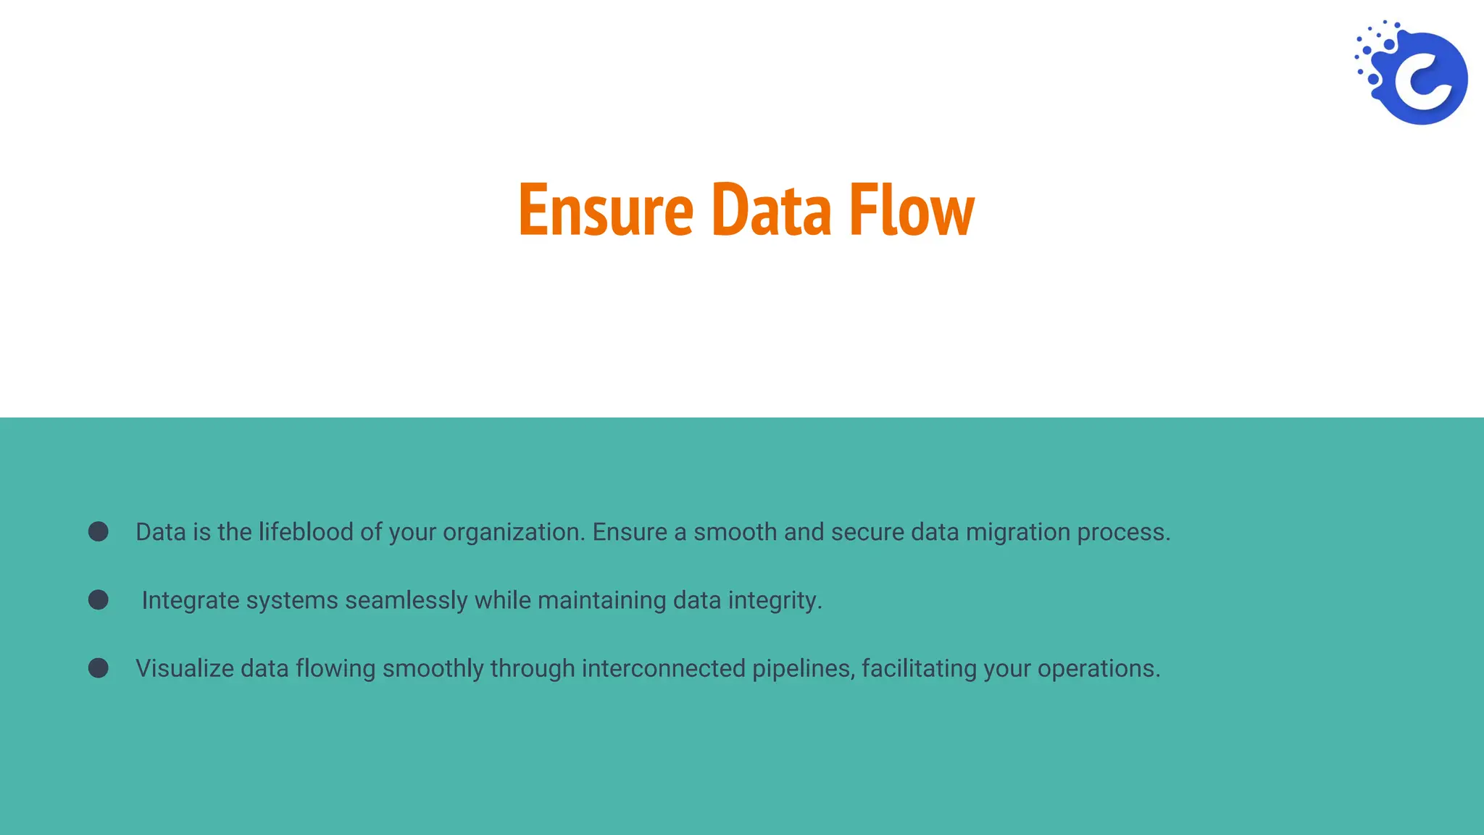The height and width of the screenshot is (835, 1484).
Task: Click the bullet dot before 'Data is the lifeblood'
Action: (x=99, y=532)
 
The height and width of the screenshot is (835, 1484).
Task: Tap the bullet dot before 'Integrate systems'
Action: (x=99, y=600)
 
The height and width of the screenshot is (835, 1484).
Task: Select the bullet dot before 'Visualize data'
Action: (x=99, y=668)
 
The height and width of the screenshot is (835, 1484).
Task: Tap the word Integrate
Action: (x=191, y=601)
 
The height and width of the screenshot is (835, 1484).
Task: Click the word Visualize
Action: (x=185, y=668)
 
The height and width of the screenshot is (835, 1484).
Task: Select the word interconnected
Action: (x=663, y=668)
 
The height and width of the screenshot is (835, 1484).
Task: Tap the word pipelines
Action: (x=803, y=669)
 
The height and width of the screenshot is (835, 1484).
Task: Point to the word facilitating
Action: (x=919, y=669)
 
